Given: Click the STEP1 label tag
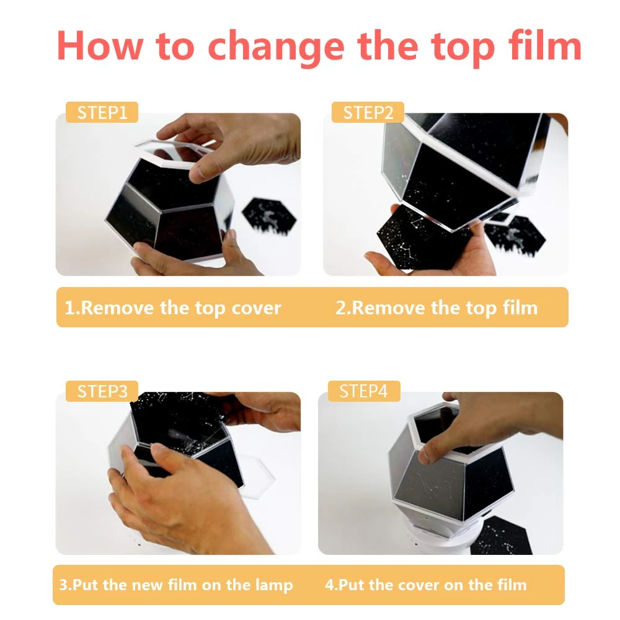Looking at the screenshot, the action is coord(102,112).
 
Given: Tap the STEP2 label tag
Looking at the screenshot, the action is coord(368,112).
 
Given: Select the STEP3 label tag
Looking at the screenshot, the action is coord(102,391).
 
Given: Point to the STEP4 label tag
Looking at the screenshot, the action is coord(364,391).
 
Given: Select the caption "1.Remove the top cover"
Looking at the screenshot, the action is coord(173,308).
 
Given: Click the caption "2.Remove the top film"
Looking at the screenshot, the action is coord(436,308).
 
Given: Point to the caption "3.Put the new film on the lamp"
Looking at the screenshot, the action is coord(176,585).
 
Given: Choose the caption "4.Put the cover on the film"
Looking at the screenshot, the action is coord(425,585).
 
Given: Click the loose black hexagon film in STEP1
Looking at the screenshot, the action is coord(269,216).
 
